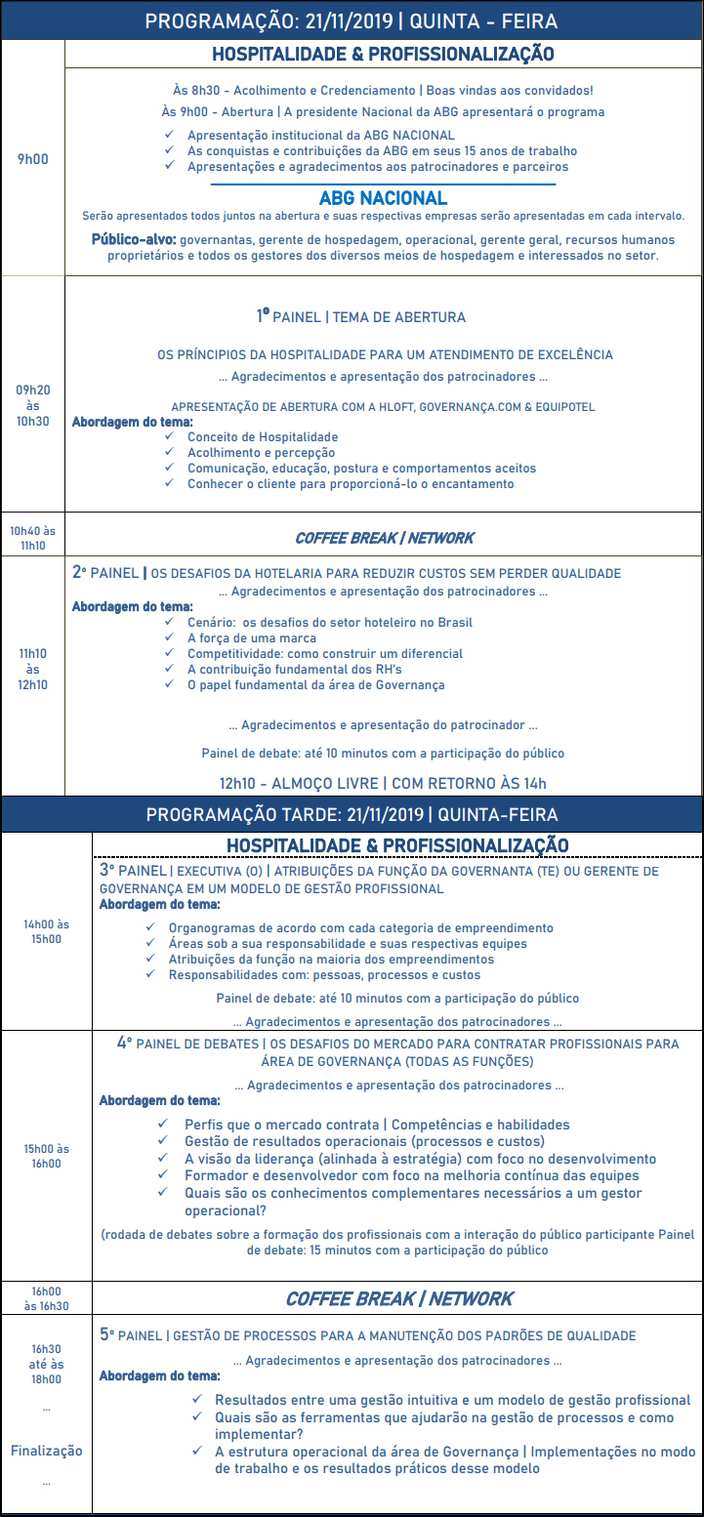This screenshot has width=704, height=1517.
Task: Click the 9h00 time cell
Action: pyautogui.click(x=32, y=158)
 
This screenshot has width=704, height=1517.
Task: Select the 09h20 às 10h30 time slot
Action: pyautogui.click(x=32, y=405)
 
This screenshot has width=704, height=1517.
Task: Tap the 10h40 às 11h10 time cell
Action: pyautogui.click(x=32, y=538)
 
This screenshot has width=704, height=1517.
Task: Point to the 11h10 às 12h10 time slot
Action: pyautogui.click(x=32, y=670)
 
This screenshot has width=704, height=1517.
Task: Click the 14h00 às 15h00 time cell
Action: pyautogui.click(x=46, y=931)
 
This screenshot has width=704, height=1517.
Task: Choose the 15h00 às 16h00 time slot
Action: pyautogui.click(x=46, y=1156)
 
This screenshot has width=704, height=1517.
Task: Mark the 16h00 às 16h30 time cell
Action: pyautogui.click(x=46, y=1297)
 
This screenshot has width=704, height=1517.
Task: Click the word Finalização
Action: pyautogui.click(x=46, y=1451)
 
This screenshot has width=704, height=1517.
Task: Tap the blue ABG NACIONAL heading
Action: pyautogui.click(x=383, y=198)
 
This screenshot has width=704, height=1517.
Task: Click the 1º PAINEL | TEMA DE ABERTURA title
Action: pyautogui.click(x=360, y=316)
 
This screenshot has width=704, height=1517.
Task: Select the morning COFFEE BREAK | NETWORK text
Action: pyautogui.click(x=384, y=538)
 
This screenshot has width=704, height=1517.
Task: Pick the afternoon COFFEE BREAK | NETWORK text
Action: pyautogui.click(x=398, y=1298)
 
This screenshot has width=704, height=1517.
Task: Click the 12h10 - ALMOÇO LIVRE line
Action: pyautogui.click(x=383, y=782)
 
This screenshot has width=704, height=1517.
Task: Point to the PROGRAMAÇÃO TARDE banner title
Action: pyautogui.click(x=352, y=814)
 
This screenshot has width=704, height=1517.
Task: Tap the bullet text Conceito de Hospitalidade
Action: pyautogui.click(x=263, y=436)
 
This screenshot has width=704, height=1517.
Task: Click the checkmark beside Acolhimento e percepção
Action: pyautogui.click(x=171, y=452)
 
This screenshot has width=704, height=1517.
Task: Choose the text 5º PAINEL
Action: pyautogui.click(x=132, y=1334)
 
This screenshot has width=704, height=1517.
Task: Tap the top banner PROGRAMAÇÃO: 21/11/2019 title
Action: pyautogui.click(x=352, y=20)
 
